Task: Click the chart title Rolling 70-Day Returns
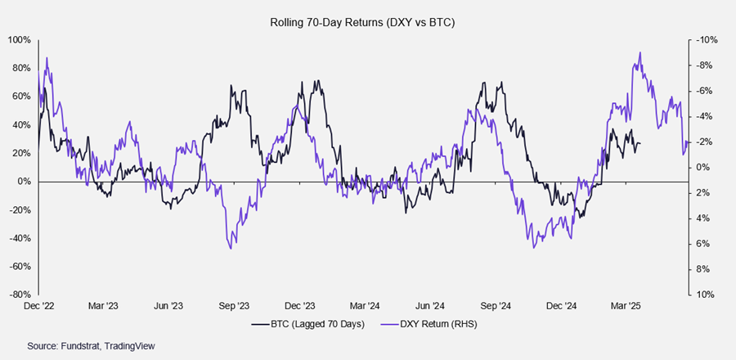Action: point(362,23)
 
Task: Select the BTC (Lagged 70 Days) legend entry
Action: point(316,325)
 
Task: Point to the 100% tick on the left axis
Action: point(20,40)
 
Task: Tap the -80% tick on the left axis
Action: point(20,295)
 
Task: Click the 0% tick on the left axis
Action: point(24,182)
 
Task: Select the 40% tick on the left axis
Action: point(22,125)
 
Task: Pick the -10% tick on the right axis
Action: point(705,40)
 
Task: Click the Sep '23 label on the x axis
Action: point(234,306)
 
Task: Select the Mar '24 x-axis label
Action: point(364,306)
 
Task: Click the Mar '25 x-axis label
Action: point(626,306)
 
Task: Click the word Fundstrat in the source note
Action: point(79,346)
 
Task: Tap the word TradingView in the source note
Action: point(128,346)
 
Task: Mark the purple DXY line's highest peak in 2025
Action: point(640,53)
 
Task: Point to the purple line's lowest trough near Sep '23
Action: point(231,248)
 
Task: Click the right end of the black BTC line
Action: point(640,144)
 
